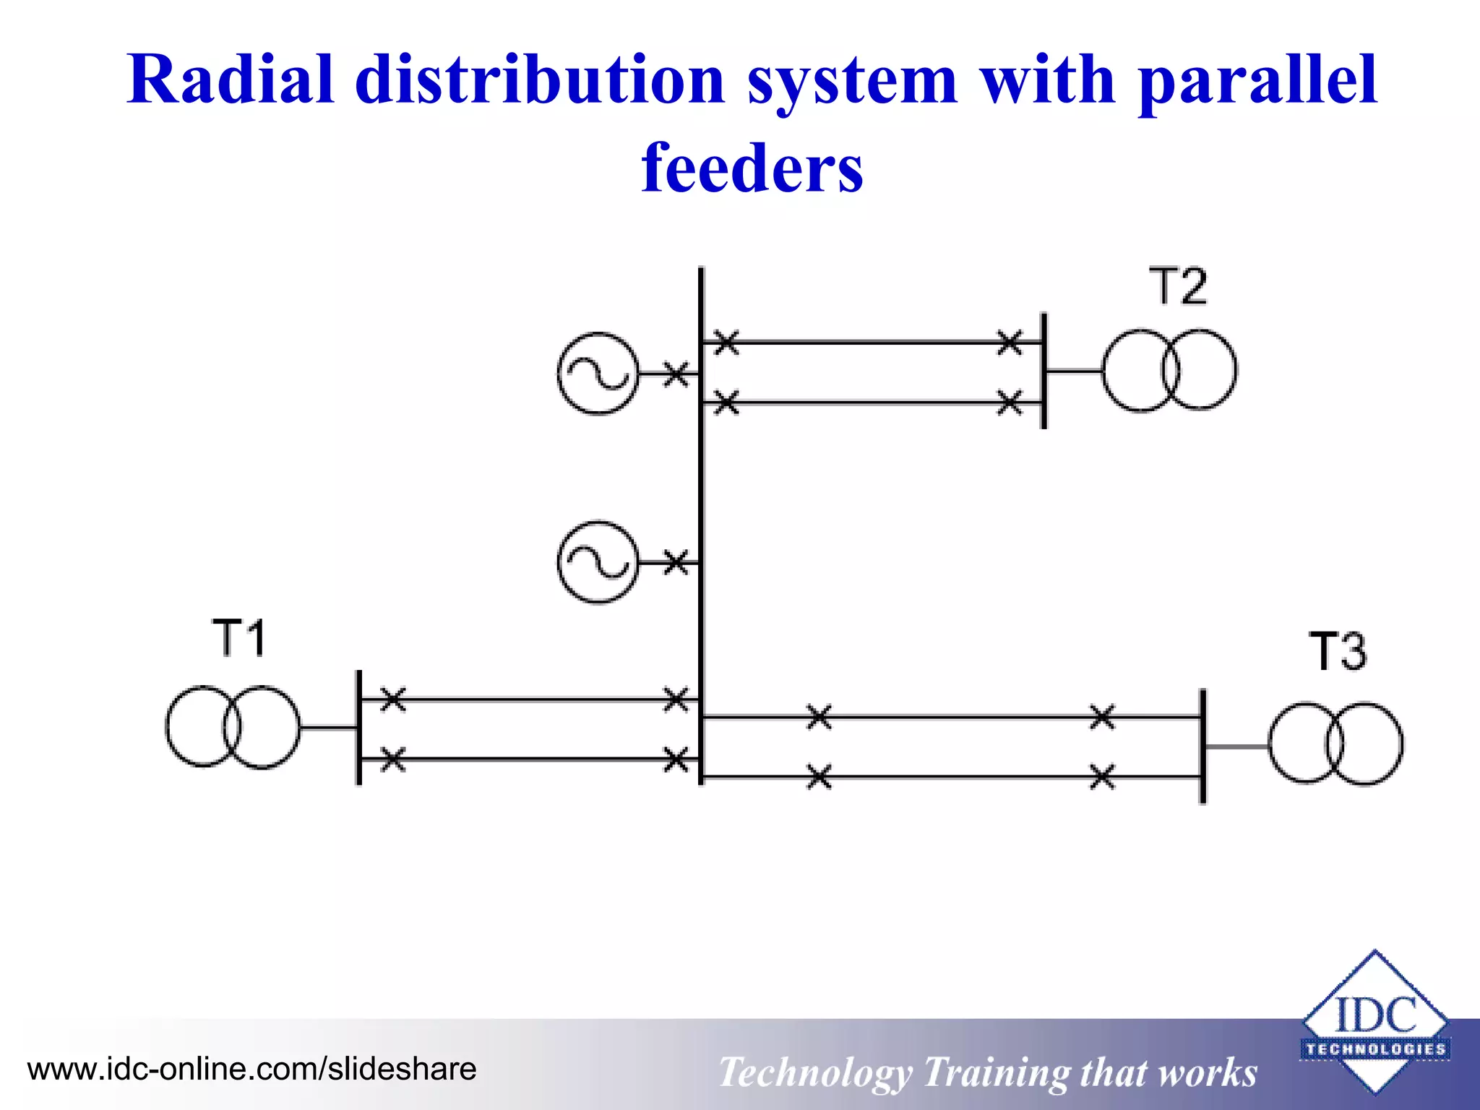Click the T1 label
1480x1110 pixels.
tap(239, 637)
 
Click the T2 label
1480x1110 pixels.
tap(1177, 286)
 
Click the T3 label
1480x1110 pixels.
tap(1338, 651)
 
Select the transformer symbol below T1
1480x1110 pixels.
tap(233, 727)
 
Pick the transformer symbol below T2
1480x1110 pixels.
tap(1169, 371)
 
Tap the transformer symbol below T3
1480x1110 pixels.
tap(1335, 744)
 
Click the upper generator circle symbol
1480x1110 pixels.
tap(598, 374)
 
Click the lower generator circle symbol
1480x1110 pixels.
tap(598, 562)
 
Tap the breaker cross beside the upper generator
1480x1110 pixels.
tap(676, 374)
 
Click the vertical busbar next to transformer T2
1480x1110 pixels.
tap(1044, 371)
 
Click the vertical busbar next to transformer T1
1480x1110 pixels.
tap(359, 727)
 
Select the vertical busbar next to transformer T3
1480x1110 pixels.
tap(1202, 746)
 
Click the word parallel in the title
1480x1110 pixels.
tap(1257, 81)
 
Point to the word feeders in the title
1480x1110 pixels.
tap(752, 168)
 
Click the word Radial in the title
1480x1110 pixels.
tap(231, 81)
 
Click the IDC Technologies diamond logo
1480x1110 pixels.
tap(1374, 1021)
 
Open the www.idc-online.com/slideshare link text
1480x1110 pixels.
tap(251, 1069)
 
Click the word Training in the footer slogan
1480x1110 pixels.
tap(995, 1072)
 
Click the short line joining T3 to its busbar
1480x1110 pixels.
tap(1236, 746)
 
